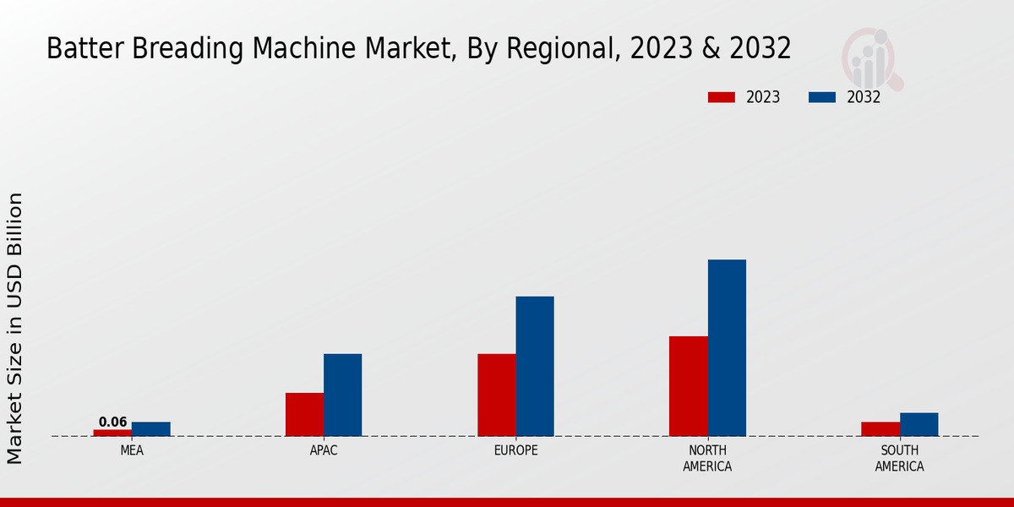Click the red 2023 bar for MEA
[112, 433]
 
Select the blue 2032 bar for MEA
[151, 429]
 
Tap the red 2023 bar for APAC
[304, 415]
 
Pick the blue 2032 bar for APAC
[343, 395]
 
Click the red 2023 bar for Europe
[497, 395]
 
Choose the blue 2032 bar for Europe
[535, 367]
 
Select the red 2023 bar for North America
[689, 386]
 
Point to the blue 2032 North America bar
[727, 348]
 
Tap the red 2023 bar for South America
[880, 429]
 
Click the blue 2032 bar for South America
[919, 424]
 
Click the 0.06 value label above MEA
[112, 422]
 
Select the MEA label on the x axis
[132, 450]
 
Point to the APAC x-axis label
[324, 450]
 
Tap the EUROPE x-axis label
[515, 450]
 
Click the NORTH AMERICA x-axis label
[708, 458]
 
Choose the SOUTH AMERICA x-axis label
[900, 458]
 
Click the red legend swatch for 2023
[722, 97]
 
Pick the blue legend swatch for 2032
[822, 97]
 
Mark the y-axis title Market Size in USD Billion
[15, 328]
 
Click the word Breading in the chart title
[198, 49]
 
